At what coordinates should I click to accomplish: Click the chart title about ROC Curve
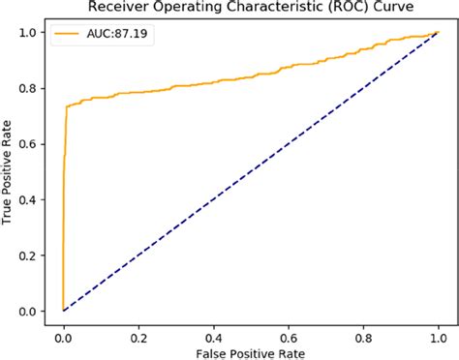(x=250, y=9)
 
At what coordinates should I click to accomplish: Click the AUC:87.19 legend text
(x=113, y=35)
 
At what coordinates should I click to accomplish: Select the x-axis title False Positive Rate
(x=250, y=349)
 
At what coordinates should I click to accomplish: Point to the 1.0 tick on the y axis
(x=31, y=34)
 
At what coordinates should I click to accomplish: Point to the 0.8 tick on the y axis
(x=31, y=89)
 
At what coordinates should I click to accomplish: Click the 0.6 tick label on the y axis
(x=31, y=145)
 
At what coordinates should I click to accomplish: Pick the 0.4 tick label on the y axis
(x=31, y=200)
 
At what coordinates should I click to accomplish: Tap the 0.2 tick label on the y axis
(x=31, y=255)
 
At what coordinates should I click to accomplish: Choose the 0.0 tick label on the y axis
(x=31, y=312)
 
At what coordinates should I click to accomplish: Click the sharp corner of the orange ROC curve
(x=66, y=107)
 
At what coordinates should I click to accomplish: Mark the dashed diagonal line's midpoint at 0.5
(x=250, y=172)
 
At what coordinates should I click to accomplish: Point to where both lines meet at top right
(x=438, y=34)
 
